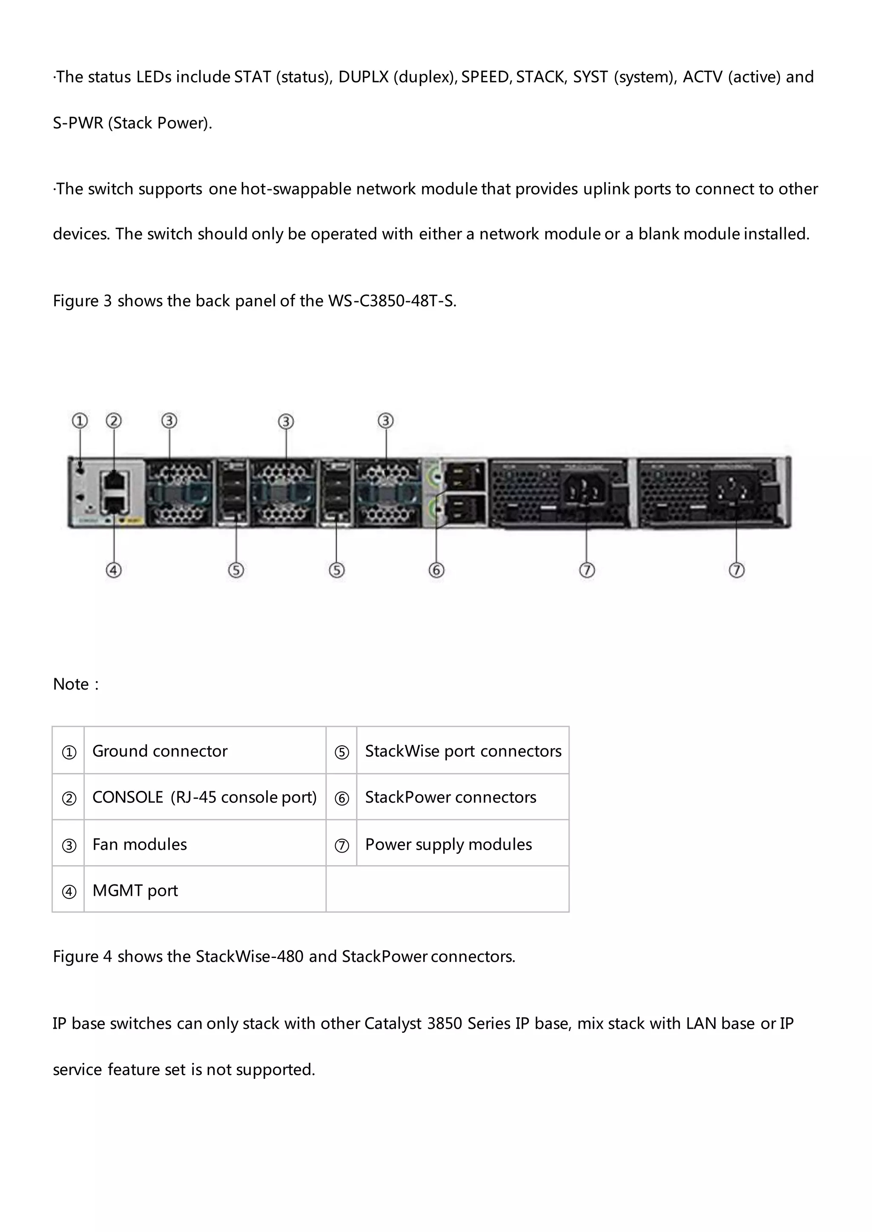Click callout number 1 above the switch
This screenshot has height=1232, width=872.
[80, 421]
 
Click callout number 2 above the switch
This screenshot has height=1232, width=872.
[114, 421]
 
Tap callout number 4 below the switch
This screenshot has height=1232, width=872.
[114, 570]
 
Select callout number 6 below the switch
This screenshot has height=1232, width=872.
[436, 570]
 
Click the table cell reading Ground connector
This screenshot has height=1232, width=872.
[160, 751]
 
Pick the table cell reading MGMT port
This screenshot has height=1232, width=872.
[135, 890]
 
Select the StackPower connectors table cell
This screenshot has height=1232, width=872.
[450, 797]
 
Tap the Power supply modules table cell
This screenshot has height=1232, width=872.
[448, 844]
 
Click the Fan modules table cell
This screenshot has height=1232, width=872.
[140, 844]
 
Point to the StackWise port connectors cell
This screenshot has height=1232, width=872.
[463, 751]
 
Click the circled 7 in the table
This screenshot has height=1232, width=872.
[341, 846]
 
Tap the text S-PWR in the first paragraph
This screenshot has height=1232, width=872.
[78, 123]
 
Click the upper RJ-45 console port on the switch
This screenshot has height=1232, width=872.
[113, 478]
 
